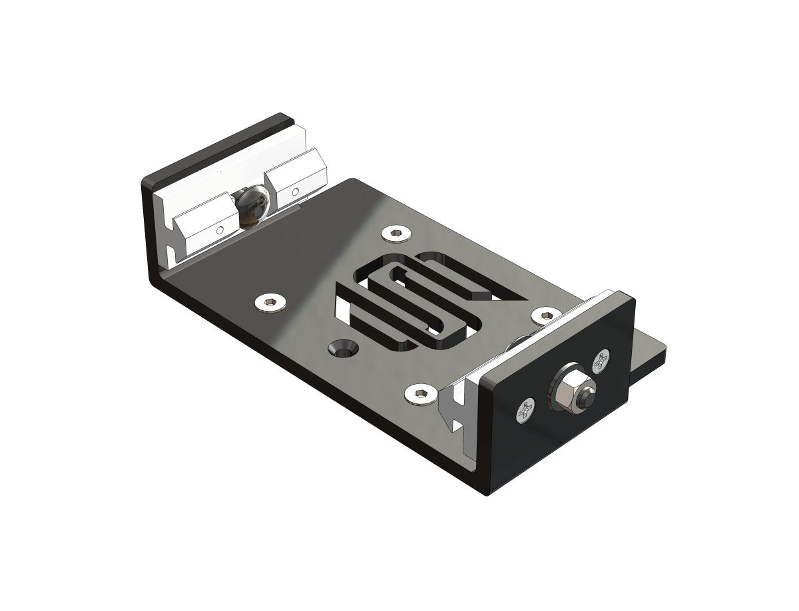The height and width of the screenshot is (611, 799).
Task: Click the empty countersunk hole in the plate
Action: (344, 347)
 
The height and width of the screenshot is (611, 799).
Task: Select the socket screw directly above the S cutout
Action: (397, 233)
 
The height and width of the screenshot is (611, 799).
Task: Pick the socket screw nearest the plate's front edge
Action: (419, 395)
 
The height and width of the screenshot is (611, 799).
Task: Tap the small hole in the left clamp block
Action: (219, 230)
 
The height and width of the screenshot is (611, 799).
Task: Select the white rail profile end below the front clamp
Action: (459, 409)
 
